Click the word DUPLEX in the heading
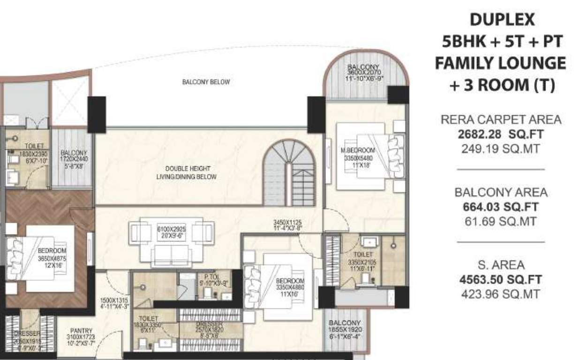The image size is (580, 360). coord(502,20)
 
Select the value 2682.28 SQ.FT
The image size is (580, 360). coord(501,135)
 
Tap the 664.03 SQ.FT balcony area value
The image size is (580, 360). coord(501,207)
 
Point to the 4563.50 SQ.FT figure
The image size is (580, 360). coord(501,280)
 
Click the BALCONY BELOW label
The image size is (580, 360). coord(206,82)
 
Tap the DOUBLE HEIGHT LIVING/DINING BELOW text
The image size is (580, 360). coord(186,172)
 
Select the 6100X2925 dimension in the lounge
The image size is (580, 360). coord(172,229)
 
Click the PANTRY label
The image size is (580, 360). coord(82,330)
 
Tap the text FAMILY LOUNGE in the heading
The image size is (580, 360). coord(500,63)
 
